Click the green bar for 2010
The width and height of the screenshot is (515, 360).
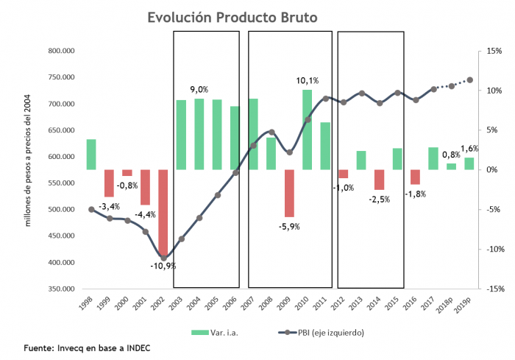pyautogui.click(x=307, y=130)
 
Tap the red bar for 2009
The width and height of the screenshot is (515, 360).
pyautogui.click(x=289, y=194)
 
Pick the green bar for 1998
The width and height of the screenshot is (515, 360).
pyautogui.click(x=91, y=155)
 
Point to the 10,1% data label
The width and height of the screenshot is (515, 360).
pyautogui.click(x=308, y=81)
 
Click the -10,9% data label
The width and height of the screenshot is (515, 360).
pyautogui.click(x=163, y=265)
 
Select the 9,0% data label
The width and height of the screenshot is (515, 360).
pyautogui.click(x=199, y=89)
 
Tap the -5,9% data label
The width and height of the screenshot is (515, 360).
pyautogui.click(x=289, y=226)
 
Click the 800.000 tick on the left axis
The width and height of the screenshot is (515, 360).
pyautogui.click(x=64, y=51)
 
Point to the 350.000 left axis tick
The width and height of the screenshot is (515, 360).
pyautogui.click(x=64, y=289)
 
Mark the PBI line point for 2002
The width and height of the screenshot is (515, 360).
pyautogui.click(x=163, y=258)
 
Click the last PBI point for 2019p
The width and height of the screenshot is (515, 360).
pyautogui.click(x=469, y=80)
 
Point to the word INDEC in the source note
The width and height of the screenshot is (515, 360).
pyautogui.click(x=136, y=347)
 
